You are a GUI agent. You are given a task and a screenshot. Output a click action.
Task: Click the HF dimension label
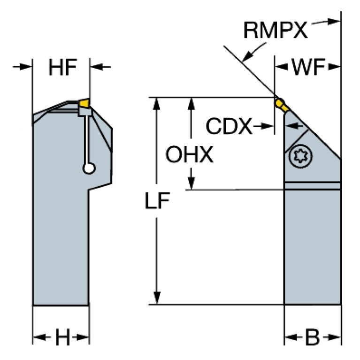pyautogui.click(x=62, y=69)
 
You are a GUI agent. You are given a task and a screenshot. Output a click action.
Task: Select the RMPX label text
pyautogui.click(x=275, y=31)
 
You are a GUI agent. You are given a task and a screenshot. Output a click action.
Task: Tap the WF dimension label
pyautogui.click(x=308, y=69)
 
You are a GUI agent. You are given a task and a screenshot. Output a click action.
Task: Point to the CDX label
pyautogui.click(x=229, y=126)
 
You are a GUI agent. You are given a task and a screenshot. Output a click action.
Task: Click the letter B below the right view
pyautogui.click(x=312, y=337)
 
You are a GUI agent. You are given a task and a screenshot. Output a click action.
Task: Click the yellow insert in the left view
pyautogui.click(x=84, y=103)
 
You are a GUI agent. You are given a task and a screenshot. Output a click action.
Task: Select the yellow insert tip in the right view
pyautogui.click(x=280, y=103)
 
